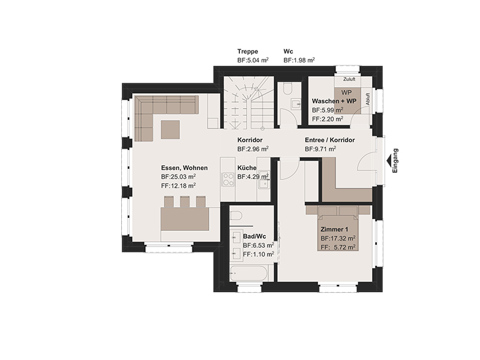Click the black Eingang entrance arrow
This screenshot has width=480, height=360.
(x=389, y=161)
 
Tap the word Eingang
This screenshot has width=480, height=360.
(x=395, y=161)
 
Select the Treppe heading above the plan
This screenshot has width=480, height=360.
(x=248, y=52)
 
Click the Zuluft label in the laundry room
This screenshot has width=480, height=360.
(x=349, y=79)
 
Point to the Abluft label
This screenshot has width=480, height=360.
(x=368, y=99)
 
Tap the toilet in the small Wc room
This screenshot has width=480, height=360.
(x=287, y=88)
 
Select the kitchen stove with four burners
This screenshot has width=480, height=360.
(x=228, y=179)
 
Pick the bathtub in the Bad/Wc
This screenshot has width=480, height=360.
(x=248, y=273)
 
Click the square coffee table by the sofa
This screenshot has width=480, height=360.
(x=170, y=130)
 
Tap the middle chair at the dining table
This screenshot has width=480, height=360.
(x=185, y=202)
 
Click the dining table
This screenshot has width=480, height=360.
(x=185, y=218)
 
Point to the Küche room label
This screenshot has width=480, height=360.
(x=247, y=168)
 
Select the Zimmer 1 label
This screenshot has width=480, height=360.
(x=334, y=229)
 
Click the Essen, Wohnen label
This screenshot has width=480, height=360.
(x=184, y=168)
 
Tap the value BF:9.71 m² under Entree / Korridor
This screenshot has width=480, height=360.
(x=320, y=149)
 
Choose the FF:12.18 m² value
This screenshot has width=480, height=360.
(x=178, y=185)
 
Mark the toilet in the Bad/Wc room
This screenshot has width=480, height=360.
(x=236, y=216)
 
